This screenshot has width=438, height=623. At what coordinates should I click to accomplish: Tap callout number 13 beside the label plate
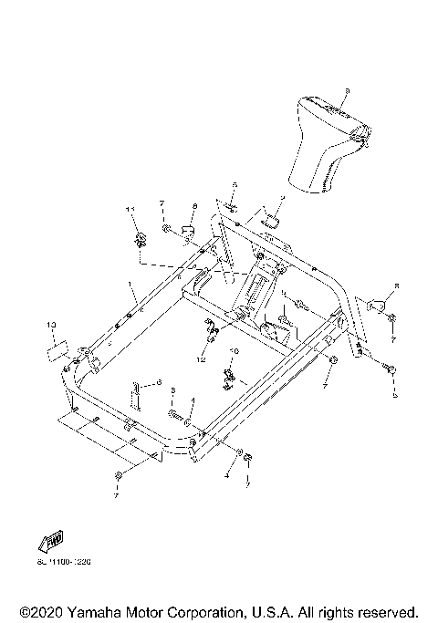[52, 325]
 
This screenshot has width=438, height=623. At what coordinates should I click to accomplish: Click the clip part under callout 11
[140, 240]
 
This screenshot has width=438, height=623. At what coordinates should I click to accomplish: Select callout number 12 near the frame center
[202, 358]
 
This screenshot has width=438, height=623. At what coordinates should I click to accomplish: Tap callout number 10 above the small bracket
[234, 351]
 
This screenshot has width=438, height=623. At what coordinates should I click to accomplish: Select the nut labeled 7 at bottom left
[119, 478]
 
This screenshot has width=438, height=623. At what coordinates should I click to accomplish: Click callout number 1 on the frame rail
[130, 284]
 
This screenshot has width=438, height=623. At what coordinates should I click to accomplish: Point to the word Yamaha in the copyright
[99, 610]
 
